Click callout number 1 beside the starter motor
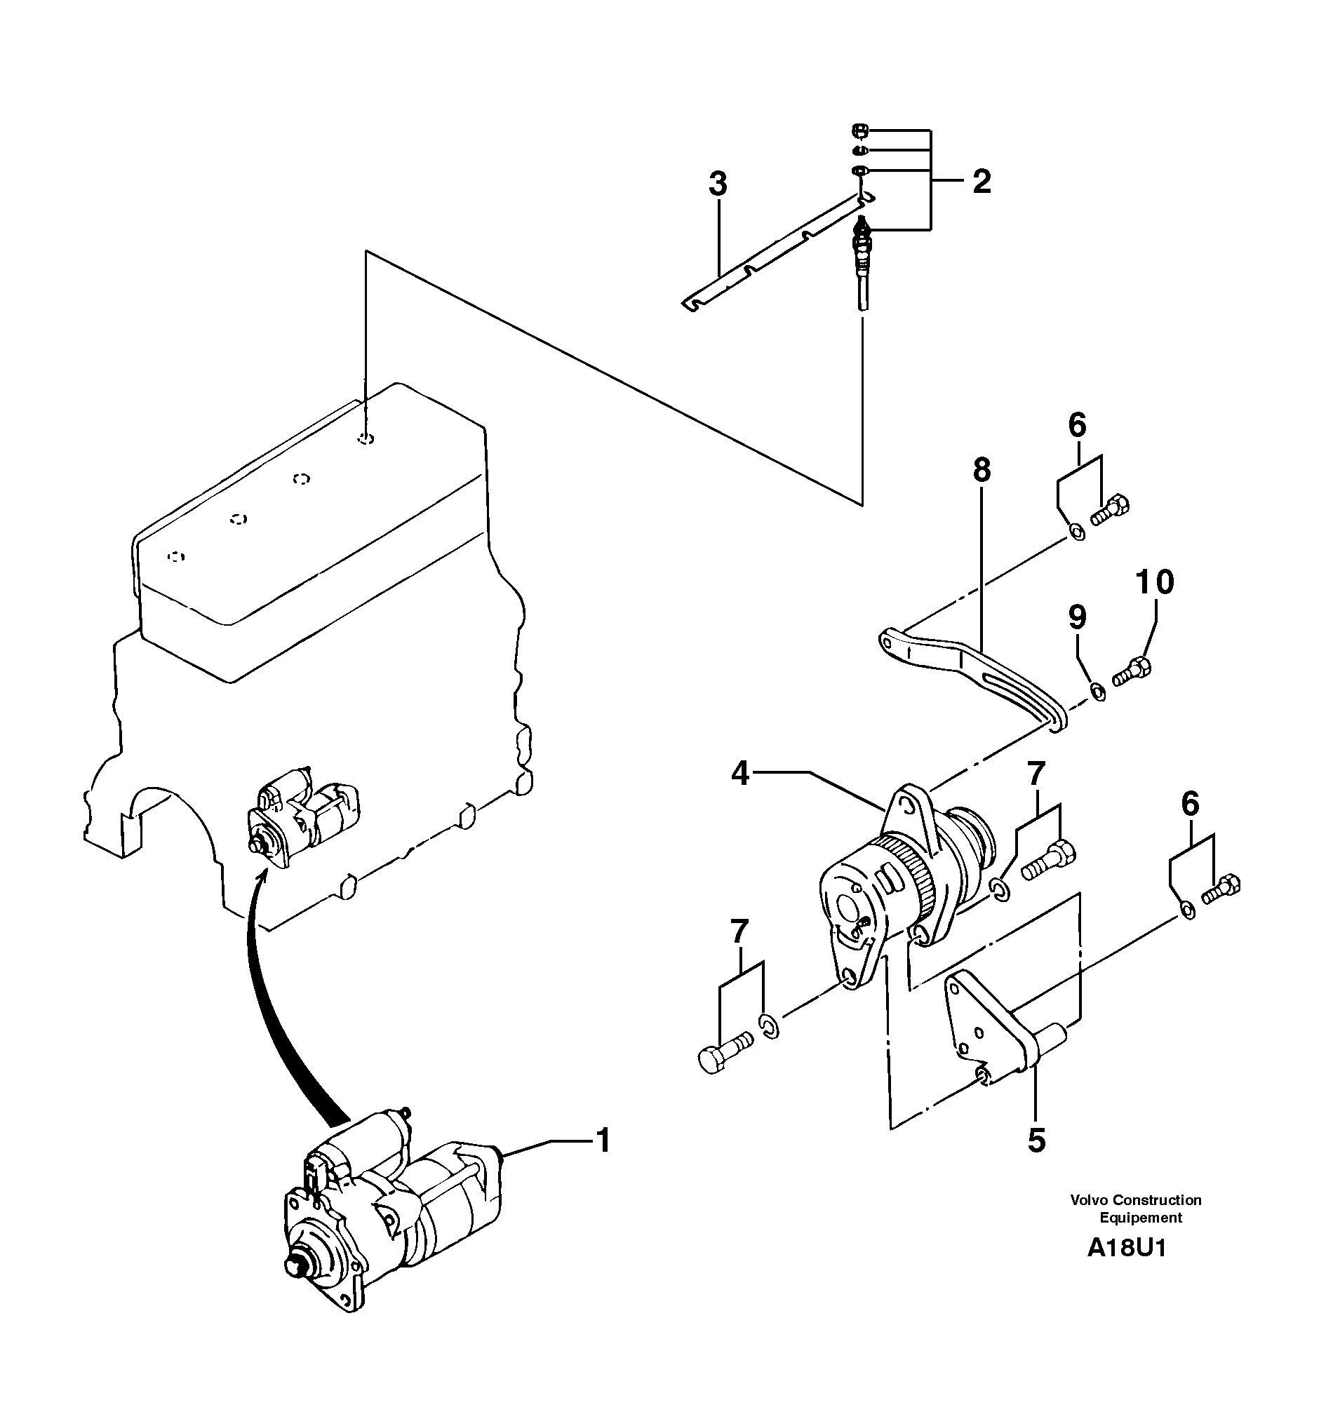click(x=603, y=1141)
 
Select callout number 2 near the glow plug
click(x=982, y=181)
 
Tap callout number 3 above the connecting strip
click(x=718, y=184)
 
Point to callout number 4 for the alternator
click(x=739, y=774)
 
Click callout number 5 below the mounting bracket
click(x=1036, y=1141)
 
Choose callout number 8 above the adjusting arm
click(x=982, y=471)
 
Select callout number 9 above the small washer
click(x=1078, y=617)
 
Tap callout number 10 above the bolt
click(x=1156, y=581)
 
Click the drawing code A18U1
click(x=1126, y=1248)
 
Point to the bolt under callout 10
click(x=1132, y=671)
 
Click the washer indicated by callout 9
click(x=1097, y=692)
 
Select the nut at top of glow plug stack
click(x=860, y=130)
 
